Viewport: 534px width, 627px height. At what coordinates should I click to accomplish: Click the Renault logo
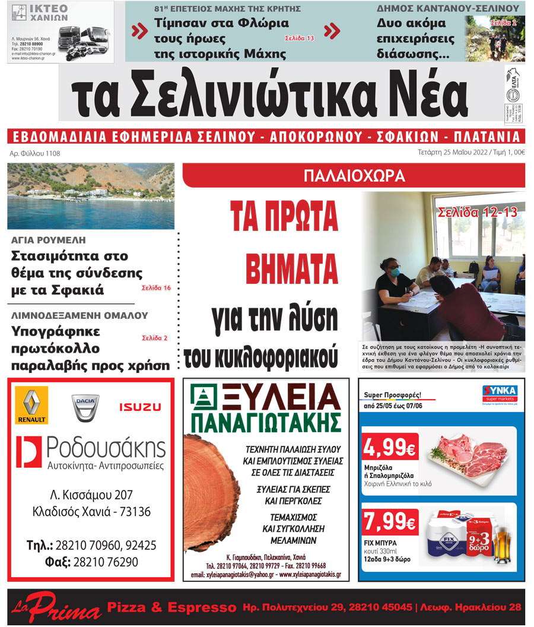(x=31, y=405)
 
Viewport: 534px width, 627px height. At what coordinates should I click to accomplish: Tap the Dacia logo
(x=85, y=407)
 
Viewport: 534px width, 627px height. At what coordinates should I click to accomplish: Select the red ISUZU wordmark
(x=140, y=407)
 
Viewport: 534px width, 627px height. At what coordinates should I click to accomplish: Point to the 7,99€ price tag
(x=389, y=522)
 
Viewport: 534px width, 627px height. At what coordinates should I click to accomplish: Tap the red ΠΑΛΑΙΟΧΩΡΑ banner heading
(x=354, y=176)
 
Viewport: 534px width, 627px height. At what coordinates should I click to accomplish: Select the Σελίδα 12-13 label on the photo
(x=478, y=213)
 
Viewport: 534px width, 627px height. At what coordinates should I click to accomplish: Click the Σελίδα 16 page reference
(x=156, y=288)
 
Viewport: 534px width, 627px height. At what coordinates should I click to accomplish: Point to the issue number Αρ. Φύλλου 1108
(x=35, y=154)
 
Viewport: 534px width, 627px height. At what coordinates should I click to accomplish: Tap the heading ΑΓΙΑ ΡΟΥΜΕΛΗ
(x=49, y=240)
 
